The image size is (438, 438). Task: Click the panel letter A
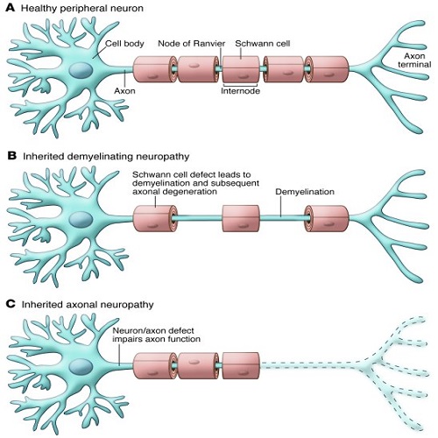[x=11, y=9]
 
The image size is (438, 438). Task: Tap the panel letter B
[x=11, y=155]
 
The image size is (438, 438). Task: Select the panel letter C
[x=11, y=304]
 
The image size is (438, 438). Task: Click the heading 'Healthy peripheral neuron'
[x=77, y=9]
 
